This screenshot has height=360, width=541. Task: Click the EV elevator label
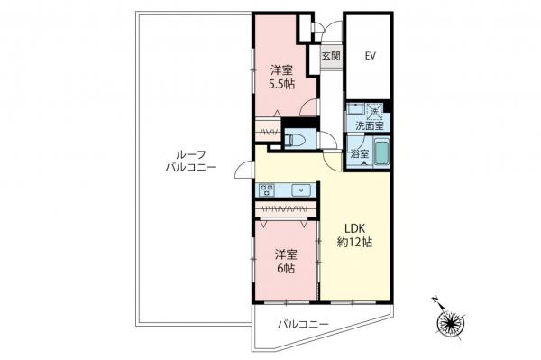pos(370,56)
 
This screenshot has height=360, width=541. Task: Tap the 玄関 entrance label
pos(330,56)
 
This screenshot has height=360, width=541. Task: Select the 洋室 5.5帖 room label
pos(281,77)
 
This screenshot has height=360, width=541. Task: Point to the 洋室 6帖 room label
pos(287,260)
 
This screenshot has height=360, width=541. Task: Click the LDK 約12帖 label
pos(355,234)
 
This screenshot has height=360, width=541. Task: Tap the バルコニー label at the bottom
pos(300,323)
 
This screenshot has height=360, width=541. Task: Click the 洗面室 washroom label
pos(368,126)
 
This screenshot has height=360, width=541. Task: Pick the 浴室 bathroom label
pos(359,154)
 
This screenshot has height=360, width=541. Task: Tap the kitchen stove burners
pos(268,189)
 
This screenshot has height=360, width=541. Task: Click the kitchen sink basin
pos(302,189)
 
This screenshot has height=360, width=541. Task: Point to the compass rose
pos(450,323)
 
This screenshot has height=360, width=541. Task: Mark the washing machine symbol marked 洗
pos(374,111)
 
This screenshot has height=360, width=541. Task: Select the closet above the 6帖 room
pos(285,209)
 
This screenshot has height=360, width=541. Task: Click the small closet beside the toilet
pos(268,133)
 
